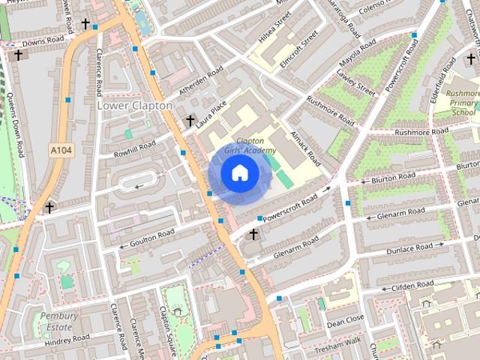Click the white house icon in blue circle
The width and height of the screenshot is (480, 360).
[239, 173]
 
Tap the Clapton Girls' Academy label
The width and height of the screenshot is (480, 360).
[256, 145]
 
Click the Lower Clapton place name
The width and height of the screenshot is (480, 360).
[135, 106]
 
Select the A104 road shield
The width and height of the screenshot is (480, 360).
[61, 151]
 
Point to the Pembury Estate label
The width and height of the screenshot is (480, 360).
[58, 321]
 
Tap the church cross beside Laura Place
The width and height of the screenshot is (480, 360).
[190, 120]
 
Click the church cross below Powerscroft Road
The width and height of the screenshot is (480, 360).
[253, 235]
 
